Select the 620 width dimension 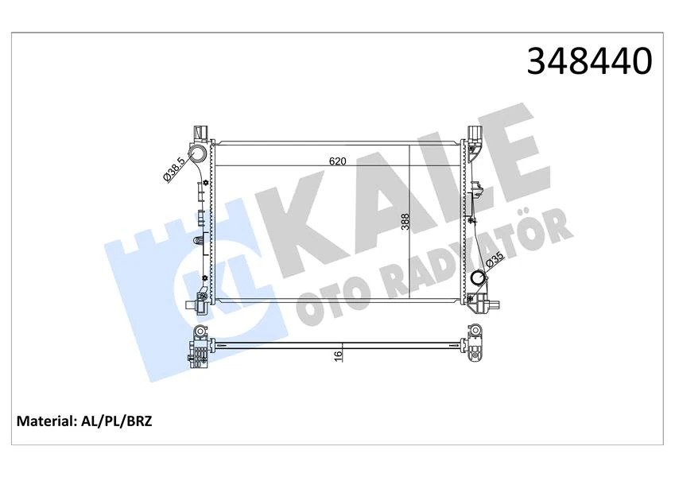click(x=338, y=161)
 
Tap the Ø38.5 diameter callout click(x=174, y=169)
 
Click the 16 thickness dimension click(x=337, y=355)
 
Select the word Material click(x=45, y=421)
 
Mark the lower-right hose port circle click(x=477, y=279)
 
